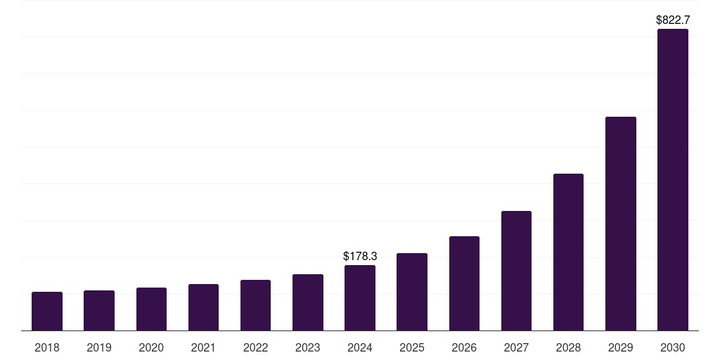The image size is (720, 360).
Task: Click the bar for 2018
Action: click(47, 311)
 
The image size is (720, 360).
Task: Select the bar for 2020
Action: click(151, 309)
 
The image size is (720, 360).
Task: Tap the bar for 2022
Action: click(255, 305)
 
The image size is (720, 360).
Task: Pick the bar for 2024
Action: click(360, 297)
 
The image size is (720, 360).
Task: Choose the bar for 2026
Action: click(464, 283)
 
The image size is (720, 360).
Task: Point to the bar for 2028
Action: click(568, 252)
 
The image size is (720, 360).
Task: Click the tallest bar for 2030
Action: click(673, 179)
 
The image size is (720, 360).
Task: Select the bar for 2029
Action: click(621, 224)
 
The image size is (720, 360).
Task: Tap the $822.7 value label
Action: click(673, 20)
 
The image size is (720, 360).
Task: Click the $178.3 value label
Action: click(360, 257)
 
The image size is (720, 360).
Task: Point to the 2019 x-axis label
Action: click(99, 347)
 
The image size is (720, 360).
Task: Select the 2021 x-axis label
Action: click(203, 347)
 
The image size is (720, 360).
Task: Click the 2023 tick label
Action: click(308, 347)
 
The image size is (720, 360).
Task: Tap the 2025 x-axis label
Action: click(412, 347)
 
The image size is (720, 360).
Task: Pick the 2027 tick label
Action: click(516, 347)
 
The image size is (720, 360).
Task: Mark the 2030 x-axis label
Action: click(673, 347)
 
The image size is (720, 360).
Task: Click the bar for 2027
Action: click(516, 271)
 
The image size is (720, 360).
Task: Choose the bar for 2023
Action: click(308, 302)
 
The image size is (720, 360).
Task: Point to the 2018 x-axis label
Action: click(47, 347)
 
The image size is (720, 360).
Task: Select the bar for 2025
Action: click(412, 292)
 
